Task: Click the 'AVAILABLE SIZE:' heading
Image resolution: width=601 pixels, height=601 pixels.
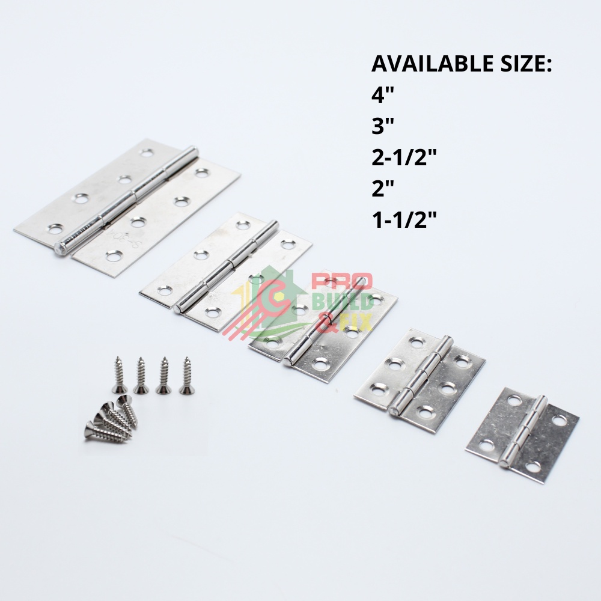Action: tap(462, 64)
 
